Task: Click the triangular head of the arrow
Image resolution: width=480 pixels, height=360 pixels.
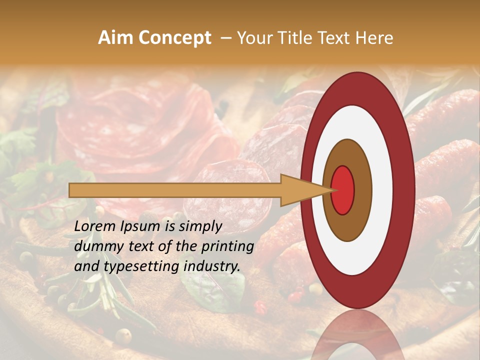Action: [x=300, y=190]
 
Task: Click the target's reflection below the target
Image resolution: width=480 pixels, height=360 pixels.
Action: [x=357, y=337]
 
